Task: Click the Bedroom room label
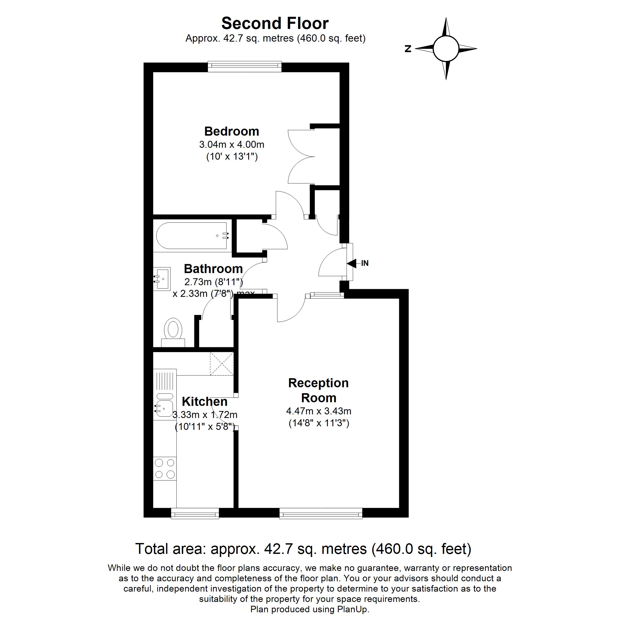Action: (x=232, y=131)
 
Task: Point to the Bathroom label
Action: (x=213, y=269)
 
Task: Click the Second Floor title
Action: (x=275, y=24)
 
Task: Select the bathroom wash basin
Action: (x=162, y=279)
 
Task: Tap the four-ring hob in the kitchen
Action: (x=165, y=469)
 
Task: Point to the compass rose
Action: (x=446, y=49)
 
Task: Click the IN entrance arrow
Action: (x=352, y=263)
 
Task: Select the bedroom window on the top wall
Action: (x=245, y=66)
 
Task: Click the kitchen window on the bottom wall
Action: (x=195, y=514)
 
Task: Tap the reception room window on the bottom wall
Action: (x=321, y=514)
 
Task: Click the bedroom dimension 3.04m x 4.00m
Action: (x=232, y=144)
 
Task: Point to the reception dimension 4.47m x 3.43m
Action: (x=319, y=411)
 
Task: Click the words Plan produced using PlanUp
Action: (x=310, y=609)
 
